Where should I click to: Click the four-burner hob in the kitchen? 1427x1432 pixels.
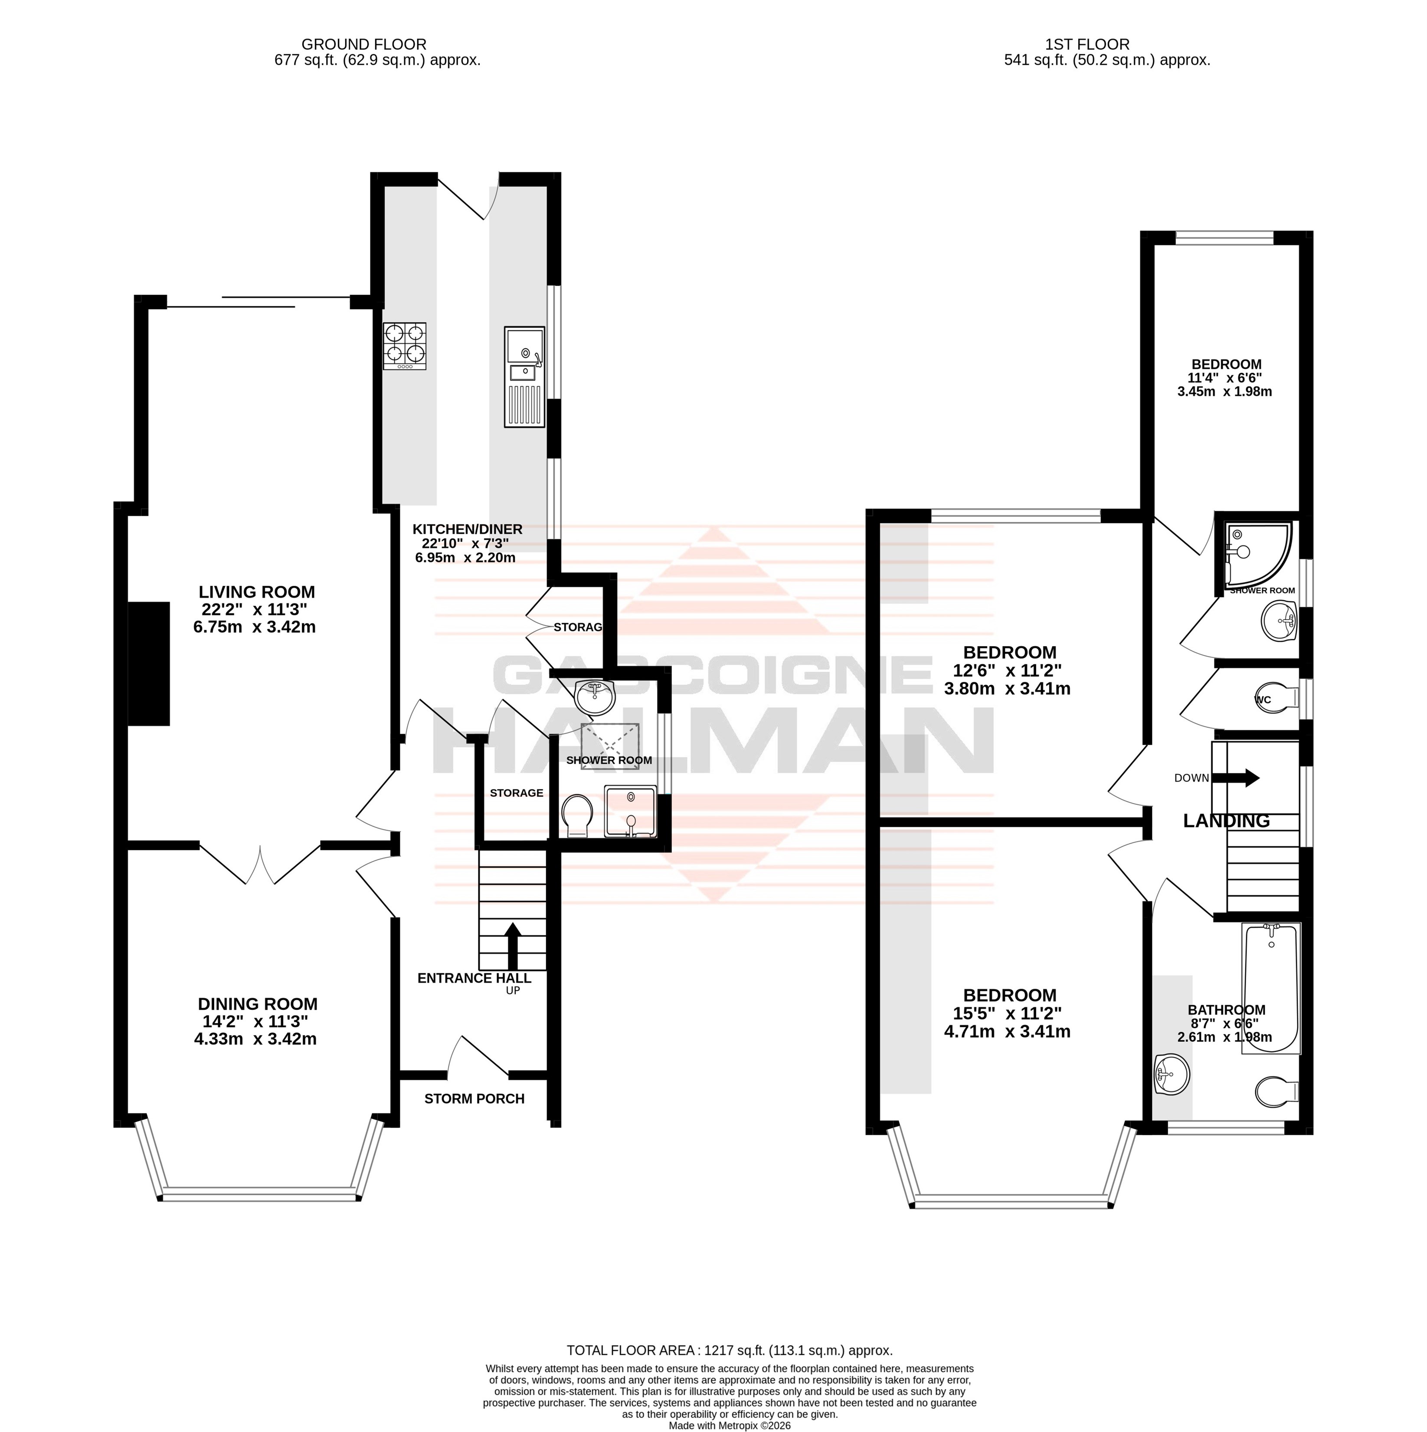click(x=405, y=346)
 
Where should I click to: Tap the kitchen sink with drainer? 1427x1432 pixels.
click(x=524, y=377)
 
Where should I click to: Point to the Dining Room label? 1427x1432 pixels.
click(x=257, y=1004)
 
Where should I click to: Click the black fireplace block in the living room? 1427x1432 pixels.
click(x=149, y=663)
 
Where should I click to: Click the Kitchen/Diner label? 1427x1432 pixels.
click(x=468, y=529)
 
